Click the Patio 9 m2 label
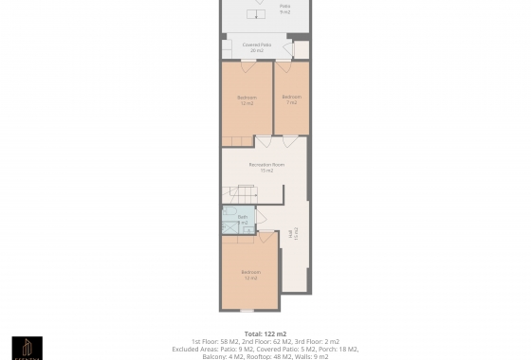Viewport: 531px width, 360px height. coord(284,9)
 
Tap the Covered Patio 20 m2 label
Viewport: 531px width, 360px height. coord(258,47)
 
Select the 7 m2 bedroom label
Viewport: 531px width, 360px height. coord(292,99)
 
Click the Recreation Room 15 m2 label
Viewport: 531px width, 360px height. coord(266,168)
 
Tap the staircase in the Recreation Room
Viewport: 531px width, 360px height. coord(239,194)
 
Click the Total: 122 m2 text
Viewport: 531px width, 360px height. coord(265,333)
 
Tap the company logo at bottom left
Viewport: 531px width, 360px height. coord(27,348)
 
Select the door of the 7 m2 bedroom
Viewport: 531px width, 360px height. coord(284,66)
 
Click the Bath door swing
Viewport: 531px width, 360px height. coord(260,217)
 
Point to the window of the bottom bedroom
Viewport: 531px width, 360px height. coord(246,311)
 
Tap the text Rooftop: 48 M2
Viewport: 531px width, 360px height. coord(270,356)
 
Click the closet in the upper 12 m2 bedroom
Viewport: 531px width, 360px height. coord(237,141)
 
